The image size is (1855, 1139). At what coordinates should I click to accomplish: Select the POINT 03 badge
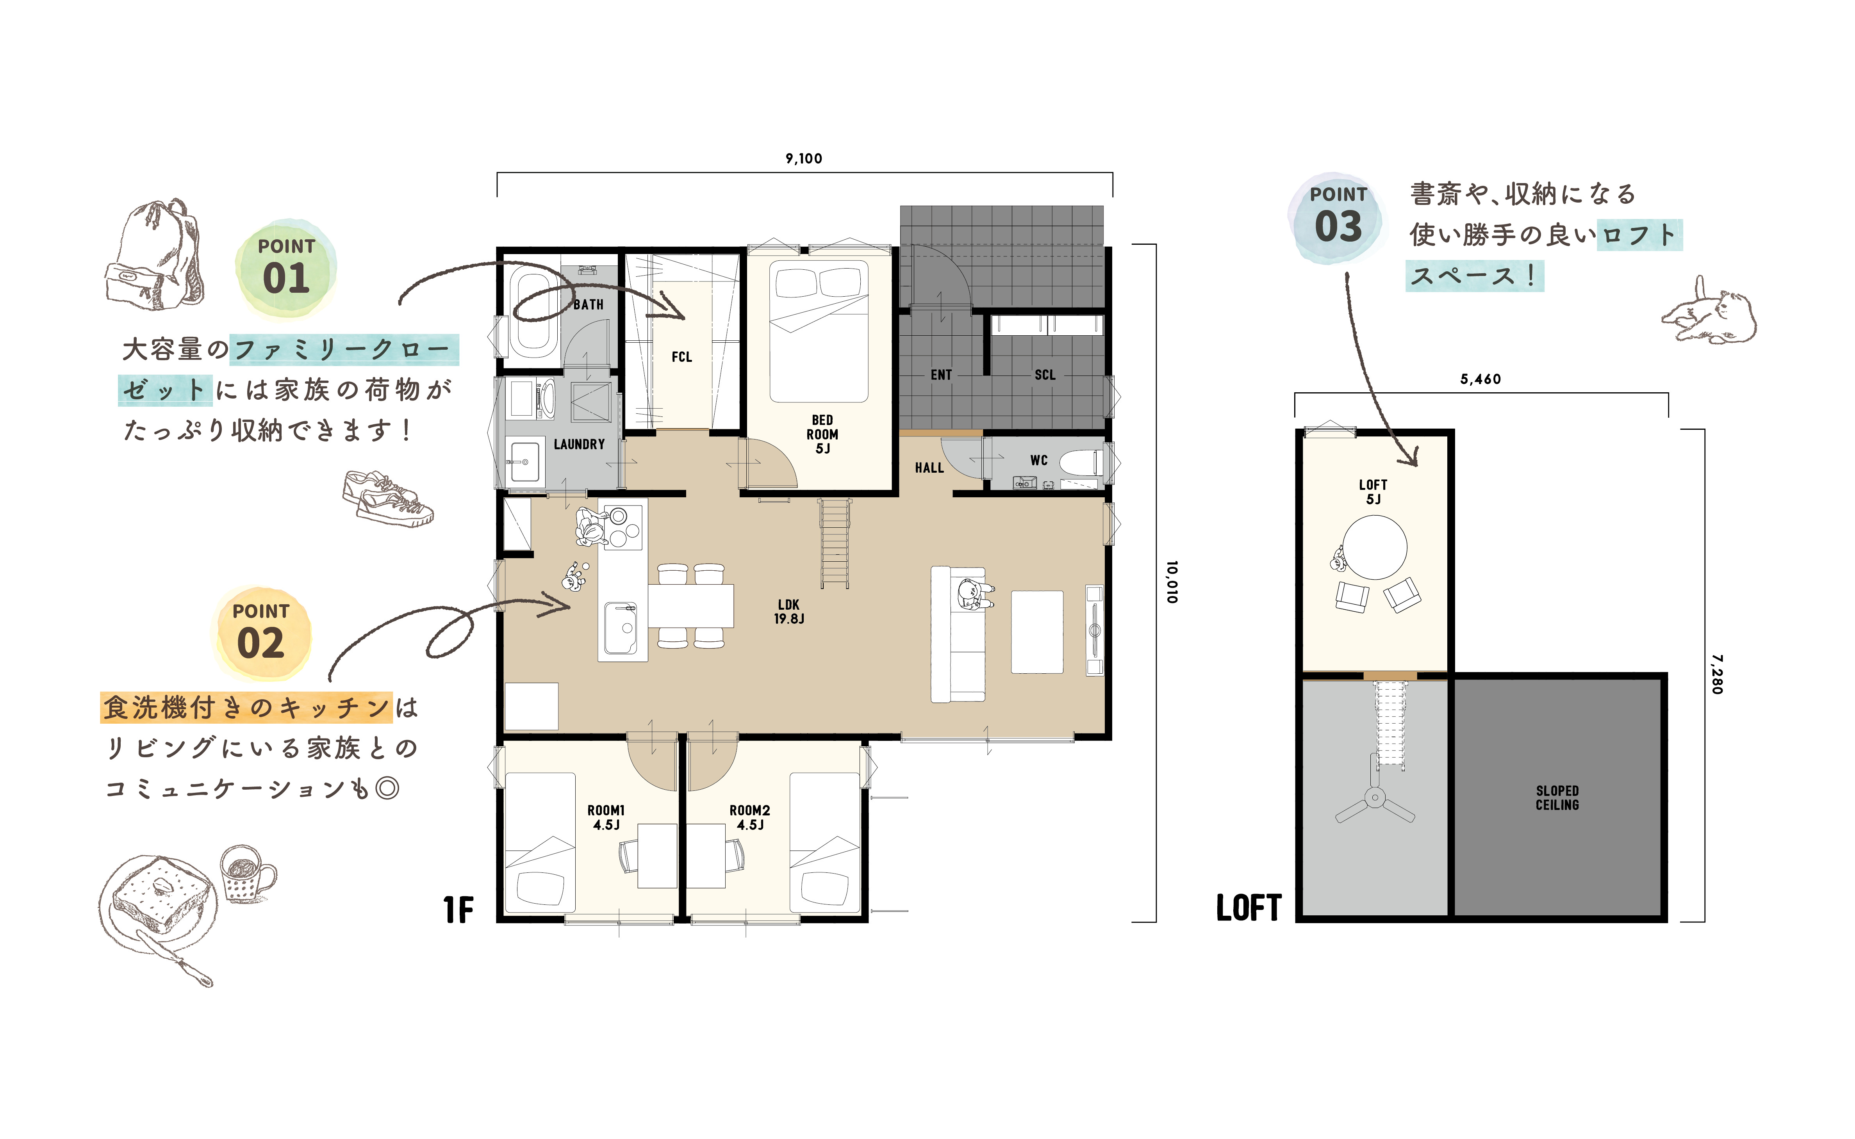click(x=1338, y=217)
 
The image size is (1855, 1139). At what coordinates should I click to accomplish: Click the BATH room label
click(x=589, y=304)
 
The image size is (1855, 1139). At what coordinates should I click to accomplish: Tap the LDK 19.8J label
click(x=789, y=612)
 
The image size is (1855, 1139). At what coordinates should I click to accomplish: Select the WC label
click(x=1039, y=460)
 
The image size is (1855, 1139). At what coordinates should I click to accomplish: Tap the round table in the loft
click(x=1375, y=547)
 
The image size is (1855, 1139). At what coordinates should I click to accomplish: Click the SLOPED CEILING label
click(x=1557, y=798)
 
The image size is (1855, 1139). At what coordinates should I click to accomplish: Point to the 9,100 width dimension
click(x=804, y=158)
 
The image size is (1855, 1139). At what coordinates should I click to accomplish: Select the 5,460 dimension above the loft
click(x=1480, y=379)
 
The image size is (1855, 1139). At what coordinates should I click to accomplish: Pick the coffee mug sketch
click(x=247, y=874)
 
